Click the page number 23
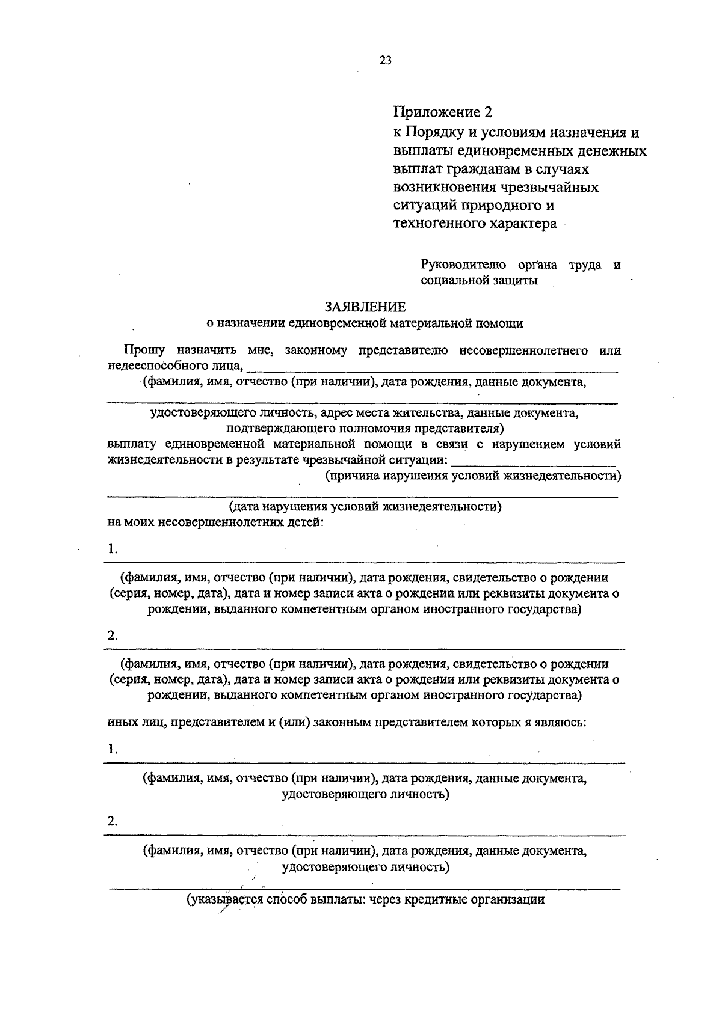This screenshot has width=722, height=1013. (x=386, y=60)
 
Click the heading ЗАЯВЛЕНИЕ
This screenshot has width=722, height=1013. (x=365, y=307)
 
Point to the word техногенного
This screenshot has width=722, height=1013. (x=433, y=224)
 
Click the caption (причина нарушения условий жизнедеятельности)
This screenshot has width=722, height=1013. (x=473, y=476)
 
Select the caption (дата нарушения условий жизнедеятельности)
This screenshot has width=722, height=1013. (x=366, y=507)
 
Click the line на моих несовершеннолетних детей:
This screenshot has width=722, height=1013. (x=216, y=522)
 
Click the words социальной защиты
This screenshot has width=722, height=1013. (x=479, y=280)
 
